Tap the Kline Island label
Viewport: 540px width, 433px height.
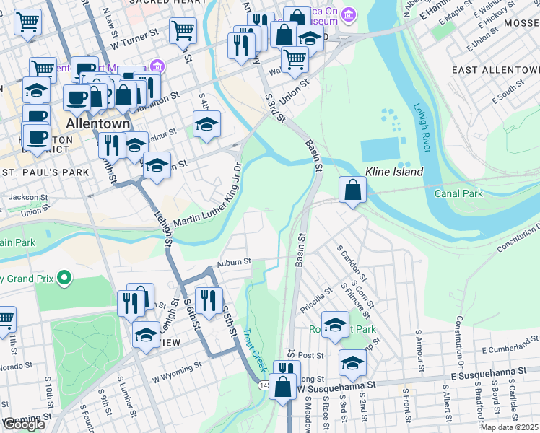pyautogui.click(x=393, y=172)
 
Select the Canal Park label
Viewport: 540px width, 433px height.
pyautogui.click(x=458, y=193)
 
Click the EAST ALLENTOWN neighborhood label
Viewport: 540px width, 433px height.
pyautogui.click(x=495, y=70)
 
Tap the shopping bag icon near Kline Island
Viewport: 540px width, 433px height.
pyautogui.click(x=352, y=191)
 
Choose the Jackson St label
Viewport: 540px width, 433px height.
pyautogui.click(x=30, y=196)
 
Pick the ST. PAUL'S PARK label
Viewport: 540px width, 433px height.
pyautogui.click(x=45, y=172)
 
